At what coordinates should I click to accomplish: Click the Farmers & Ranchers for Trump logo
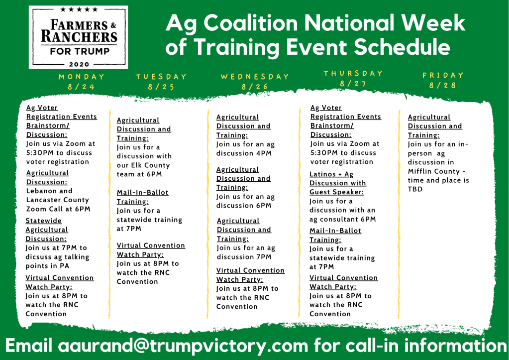point(78,37)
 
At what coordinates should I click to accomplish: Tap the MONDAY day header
point(82,77)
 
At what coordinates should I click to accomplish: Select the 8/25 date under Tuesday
point(161,87)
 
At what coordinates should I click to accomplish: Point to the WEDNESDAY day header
point(255,77)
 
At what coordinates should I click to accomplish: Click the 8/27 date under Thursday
point(353,84)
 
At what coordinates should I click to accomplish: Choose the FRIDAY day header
point(443,75)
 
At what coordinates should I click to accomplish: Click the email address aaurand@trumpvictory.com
point(183,346)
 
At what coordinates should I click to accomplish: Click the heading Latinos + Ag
point(331,174)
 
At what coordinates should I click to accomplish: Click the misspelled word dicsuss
point(40,256)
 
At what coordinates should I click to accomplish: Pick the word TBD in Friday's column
point(415,189)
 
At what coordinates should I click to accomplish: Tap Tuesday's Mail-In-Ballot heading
point(142,192)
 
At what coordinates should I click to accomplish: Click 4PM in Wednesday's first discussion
point(264,153)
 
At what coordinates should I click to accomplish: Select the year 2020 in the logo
point(79,64)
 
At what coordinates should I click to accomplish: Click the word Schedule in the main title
point(402,46)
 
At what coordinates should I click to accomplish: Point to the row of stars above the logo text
point(79,9)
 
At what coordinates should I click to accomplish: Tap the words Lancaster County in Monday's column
point(57,200)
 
